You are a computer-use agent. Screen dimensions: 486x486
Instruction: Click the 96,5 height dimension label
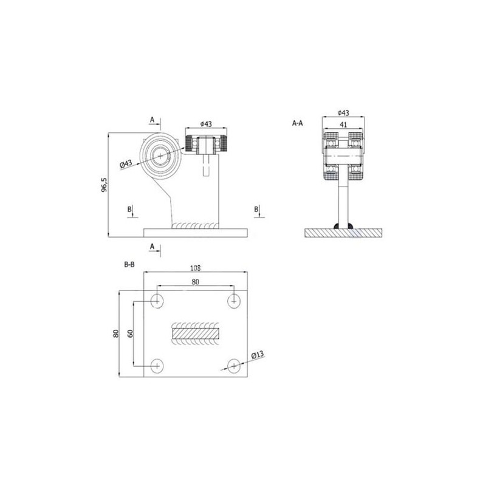click(104, 185)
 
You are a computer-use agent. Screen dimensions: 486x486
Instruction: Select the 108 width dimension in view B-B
click(195, 268)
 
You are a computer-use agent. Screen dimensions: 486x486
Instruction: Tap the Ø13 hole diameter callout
click(258, 355)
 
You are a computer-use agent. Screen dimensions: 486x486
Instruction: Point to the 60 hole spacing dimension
click(131, 333)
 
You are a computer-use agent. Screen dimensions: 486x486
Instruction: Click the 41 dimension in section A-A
click(343, 125)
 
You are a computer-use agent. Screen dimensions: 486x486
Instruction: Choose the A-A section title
click(298, 123)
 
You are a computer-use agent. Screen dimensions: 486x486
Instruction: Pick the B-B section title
click(129, 265)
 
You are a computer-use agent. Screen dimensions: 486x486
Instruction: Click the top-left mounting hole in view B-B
click(157, 301)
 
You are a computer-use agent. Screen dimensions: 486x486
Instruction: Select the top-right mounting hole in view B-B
click(234, 301)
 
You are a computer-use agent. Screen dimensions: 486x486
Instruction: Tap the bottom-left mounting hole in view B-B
click(157, 366)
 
